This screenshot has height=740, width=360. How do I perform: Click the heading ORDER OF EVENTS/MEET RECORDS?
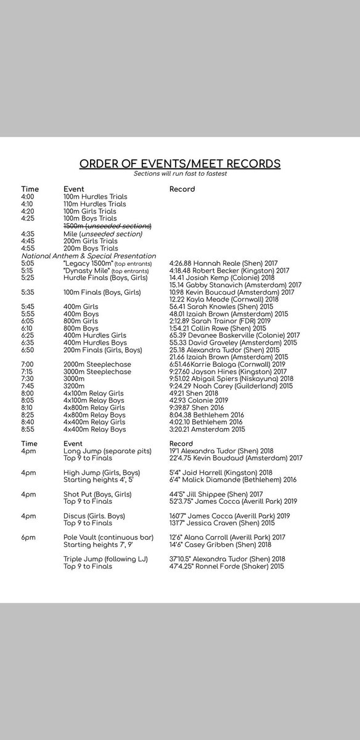(179, 164)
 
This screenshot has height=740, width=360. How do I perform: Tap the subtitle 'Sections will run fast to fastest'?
(179, 174)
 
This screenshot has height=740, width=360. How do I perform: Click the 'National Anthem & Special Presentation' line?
(89, 255)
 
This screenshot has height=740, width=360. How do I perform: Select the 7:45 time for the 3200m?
(28, 387)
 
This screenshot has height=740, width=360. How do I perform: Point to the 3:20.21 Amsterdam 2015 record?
(207, 429)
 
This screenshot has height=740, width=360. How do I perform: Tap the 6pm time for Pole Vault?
(28, 536)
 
